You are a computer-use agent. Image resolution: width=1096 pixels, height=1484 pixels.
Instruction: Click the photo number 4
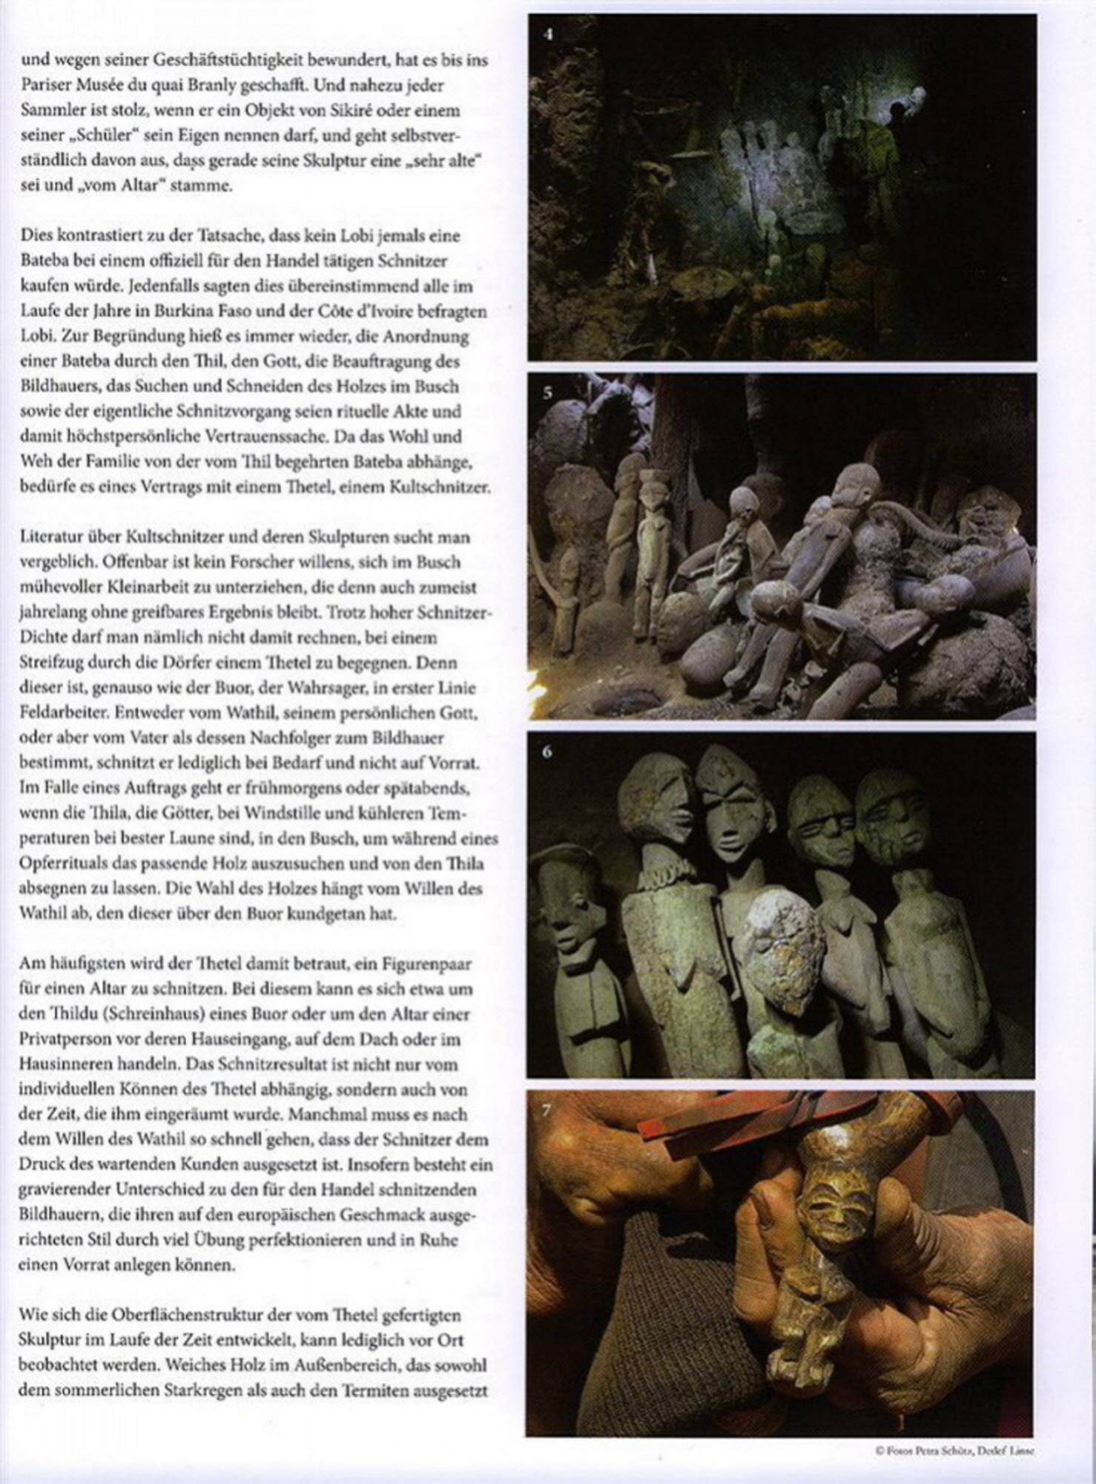(547, 34)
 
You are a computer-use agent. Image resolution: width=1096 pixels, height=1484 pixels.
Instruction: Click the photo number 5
(547, 393)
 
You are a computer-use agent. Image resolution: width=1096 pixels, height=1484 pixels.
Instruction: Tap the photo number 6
(547, 752)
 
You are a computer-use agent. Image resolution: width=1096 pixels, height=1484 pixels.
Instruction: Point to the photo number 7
(547, 1111)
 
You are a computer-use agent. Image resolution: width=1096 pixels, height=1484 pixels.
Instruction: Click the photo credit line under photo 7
(954, 1451)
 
